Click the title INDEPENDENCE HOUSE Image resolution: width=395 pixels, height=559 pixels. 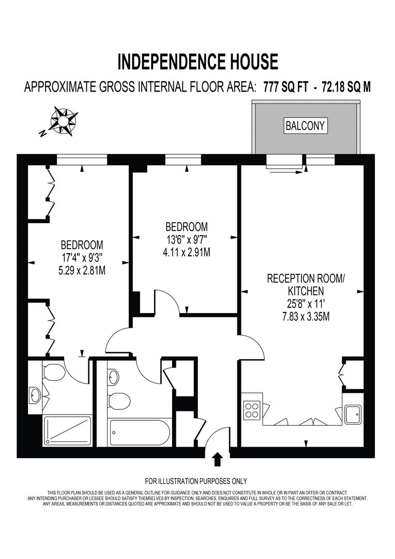197,62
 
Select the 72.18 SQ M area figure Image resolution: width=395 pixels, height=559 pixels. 346,86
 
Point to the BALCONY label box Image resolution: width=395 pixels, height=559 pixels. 306,125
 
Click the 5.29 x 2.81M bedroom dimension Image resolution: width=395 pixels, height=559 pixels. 82,270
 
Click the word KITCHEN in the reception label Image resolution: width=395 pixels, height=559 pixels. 305,291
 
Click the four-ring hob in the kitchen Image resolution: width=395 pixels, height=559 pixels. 252,409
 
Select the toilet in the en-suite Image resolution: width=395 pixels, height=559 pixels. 53,373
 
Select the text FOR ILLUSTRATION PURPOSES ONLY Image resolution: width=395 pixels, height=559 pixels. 196,481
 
